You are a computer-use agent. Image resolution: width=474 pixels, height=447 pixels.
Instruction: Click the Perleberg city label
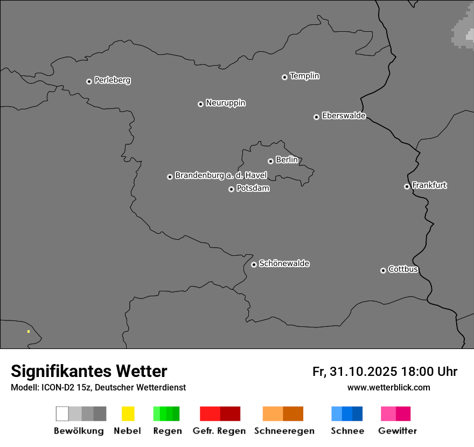112,80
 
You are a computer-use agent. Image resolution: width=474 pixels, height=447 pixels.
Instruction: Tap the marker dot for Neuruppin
200,104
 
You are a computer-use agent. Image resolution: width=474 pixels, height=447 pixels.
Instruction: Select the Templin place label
304,76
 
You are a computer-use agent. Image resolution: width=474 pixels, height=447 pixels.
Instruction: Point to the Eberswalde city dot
316,117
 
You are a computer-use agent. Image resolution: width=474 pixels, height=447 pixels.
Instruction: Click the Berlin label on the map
287,160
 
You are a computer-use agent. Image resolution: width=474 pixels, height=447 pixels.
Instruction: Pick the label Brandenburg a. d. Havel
221,176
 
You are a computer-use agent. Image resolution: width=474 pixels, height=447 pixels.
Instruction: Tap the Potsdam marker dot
231,189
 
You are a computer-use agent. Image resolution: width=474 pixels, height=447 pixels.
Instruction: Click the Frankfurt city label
429,185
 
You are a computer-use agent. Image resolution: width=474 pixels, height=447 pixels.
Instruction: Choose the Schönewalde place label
284,263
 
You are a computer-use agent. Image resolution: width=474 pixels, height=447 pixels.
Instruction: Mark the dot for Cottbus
383,270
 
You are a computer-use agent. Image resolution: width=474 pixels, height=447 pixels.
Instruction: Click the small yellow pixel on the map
29,332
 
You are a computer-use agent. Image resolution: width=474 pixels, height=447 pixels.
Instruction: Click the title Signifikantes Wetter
89,371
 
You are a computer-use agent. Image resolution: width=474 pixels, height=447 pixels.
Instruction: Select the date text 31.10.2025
363,372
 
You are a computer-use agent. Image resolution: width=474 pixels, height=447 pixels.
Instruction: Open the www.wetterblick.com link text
388,387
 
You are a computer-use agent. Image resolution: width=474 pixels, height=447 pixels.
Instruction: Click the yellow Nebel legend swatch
128,414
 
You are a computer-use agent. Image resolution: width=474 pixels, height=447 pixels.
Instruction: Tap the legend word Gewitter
397,431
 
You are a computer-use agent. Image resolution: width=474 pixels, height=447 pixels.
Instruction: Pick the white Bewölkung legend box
62,414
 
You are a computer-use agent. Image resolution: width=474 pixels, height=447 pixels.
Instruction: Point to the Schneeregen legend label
284,431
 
